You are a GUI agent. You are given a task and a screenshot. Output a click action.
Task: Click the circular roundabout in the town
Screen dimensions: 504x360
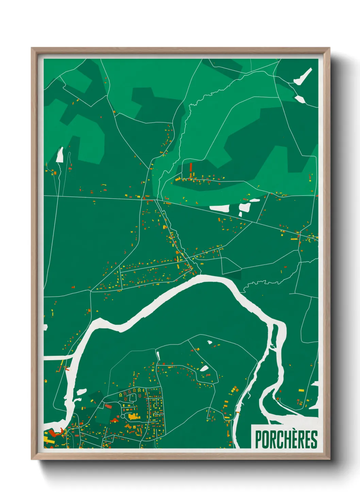(122, 416)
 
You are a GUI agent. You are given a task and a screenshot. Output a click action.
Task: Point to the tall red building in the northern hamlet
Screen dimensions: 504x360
(191, 167)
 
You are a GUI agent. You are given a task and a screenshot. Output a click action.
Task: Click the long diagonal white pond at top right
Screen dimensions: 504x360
(303, 77)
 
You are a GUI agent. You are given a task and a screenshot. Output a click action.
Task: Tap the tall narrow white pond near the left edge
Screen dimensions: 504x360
(60, 155)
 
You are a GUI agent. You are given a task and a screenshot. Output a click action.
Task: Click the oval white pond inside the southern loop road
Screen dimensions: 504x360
(204, 368)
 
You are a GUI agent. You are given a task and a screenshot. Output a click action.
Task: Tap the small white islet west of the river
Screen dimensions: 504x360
(82, 392)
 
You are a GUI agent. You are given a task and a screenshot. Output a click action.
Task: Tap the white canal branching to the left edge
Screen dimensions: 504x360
(56, 357)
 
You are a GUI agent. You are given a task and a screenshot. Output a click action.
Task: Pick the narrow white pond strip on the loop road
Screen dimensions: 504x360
(158, 356)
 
